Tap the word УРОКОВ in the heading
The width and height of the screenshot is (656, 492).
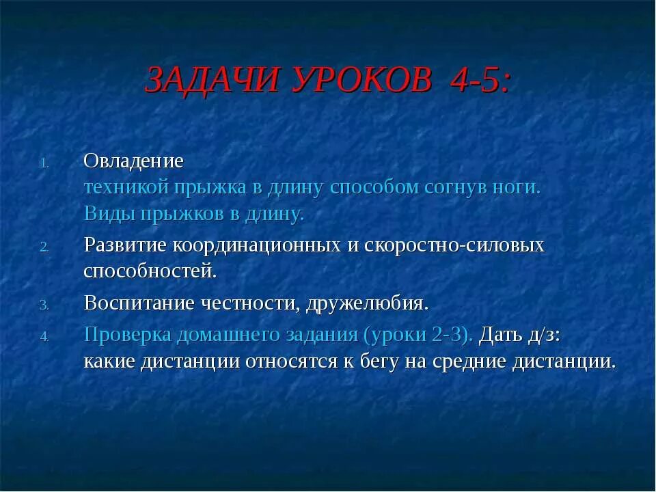[362, 81]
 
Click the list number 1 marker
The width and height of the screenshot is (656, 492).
[43, 163]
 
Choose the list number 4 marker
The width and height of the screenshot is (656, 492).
[43, 337]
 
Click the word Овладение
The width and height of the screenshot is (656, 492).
[134, 161]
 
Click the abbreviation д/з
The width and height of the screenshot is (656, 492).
[541, 334]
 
